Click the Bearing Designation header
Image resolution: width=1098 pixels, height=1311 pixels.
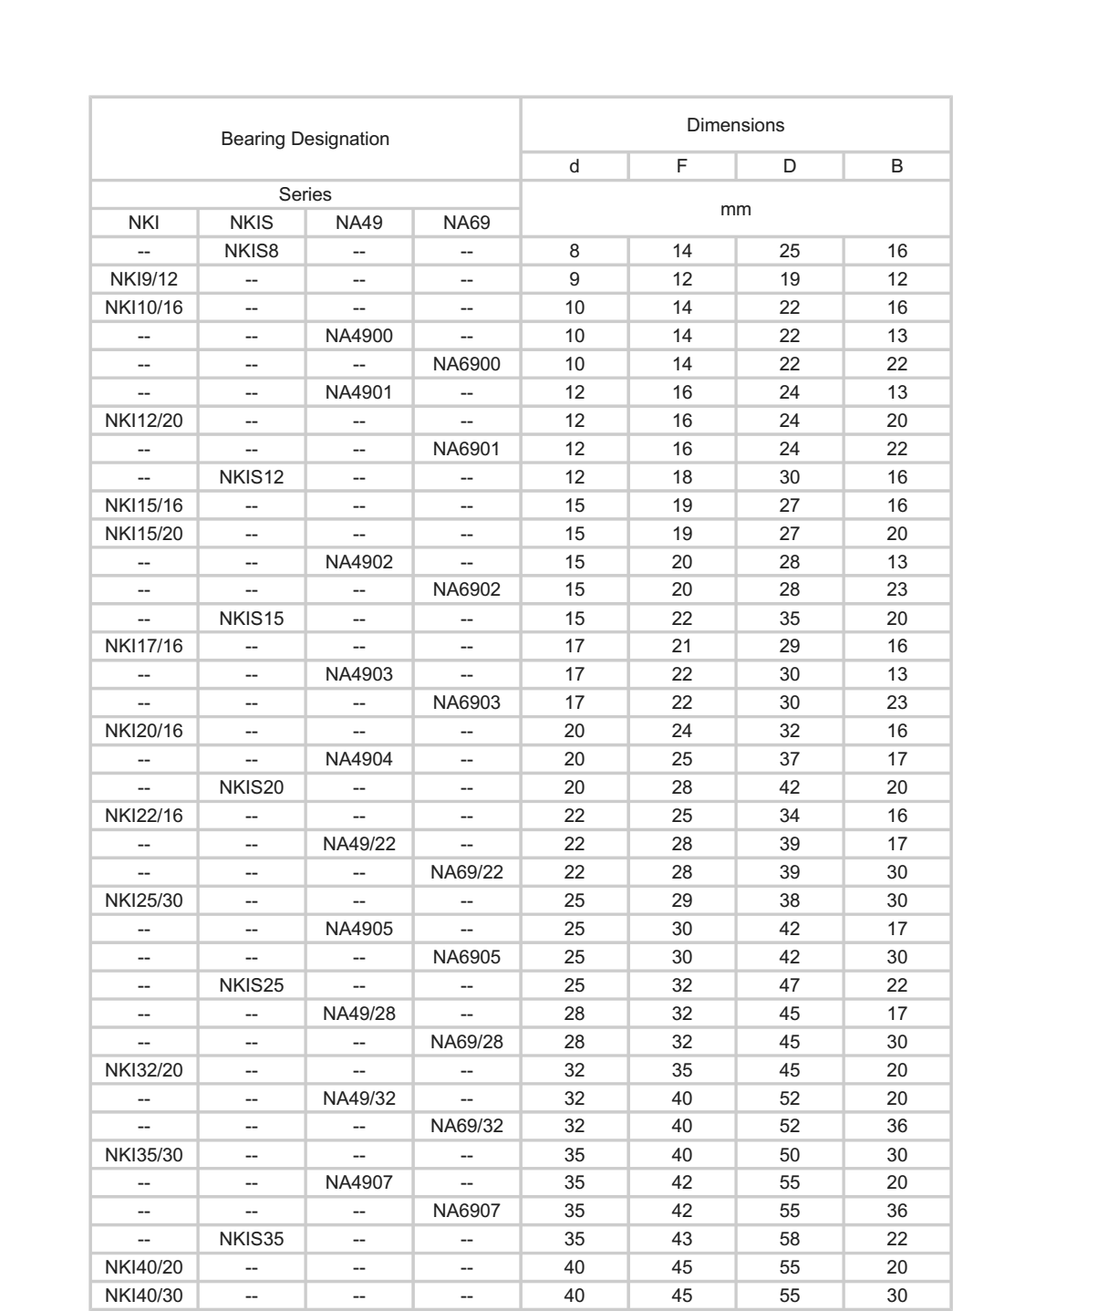[x=305, y=140]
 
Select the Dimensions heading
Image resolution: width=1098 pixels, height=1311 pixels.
[x=735, y=126]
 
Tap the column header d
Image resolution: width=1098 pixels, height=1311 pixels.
[x=574, y=167]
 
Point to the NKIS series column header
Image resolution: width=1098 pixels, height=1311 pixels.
[x=252, y=223]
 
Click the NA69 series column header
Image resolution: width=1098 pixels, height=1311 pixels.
[x=467, y=223]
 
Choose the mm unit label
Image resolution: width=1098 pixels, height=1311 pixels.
[x=735, y=209]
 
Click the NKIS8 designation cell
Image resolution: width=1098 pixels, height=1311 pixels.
[x=252, y=252]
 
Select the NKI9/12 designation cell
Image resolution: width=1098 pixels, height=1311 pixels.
[x=144, y=280]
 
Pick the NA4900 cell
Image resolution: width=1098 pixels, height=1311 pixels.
[x=359, y=336]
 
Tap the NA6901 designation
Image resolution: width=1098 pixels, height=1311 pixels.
[x=467, y=449]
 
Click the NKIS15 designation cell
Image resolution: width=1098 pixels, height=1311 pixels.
[x=252, y=619]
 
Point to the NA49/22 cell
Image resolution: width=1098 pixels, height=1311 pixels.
[x=359, y=844]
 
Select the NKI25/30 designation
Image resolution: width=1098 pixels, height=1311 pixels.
[x=144, y=900]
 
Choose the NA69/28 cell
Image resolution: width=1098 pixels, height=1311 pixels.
[x=467, y=1042]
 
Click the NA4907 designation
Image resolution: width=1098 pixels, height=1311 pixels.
[x=359, y=1182]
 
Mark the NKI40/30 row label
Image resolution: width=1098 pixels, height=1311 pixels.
[x=144, y=1295]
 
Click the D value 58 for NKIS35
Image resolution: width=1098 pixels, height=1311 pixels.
[x=790, y=1239]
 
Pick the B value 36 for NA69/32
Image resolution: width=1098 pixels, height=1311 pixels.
[x=897, y=1126]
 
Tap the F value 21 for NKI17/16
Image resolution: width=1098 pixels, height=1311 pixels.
[x=682, y=646]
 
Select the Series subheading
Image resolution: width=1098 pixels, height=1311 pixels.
[x=305, y=194]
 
